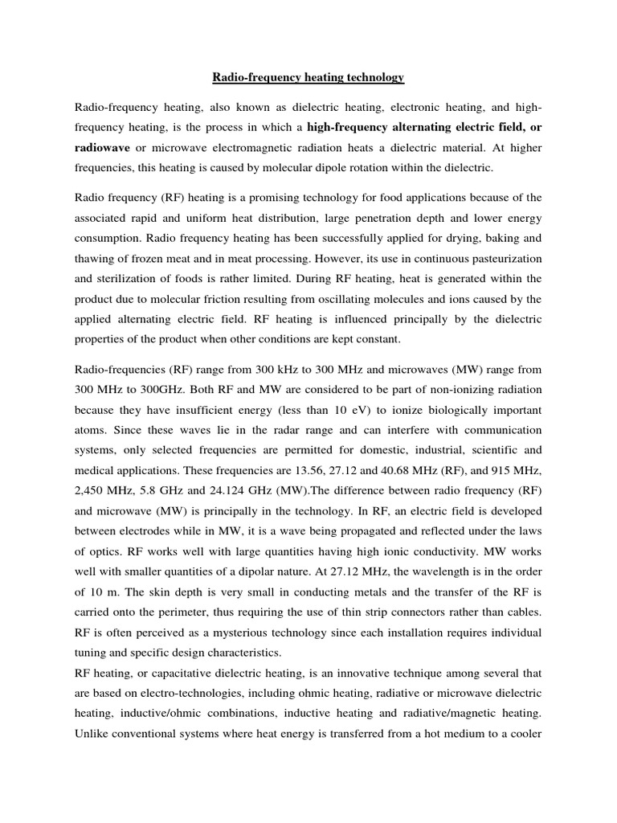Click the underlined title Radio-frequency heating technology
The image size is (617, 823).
[x=308, y=78]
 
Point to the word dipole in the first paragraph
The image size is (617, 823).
[x=362, y=169]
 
